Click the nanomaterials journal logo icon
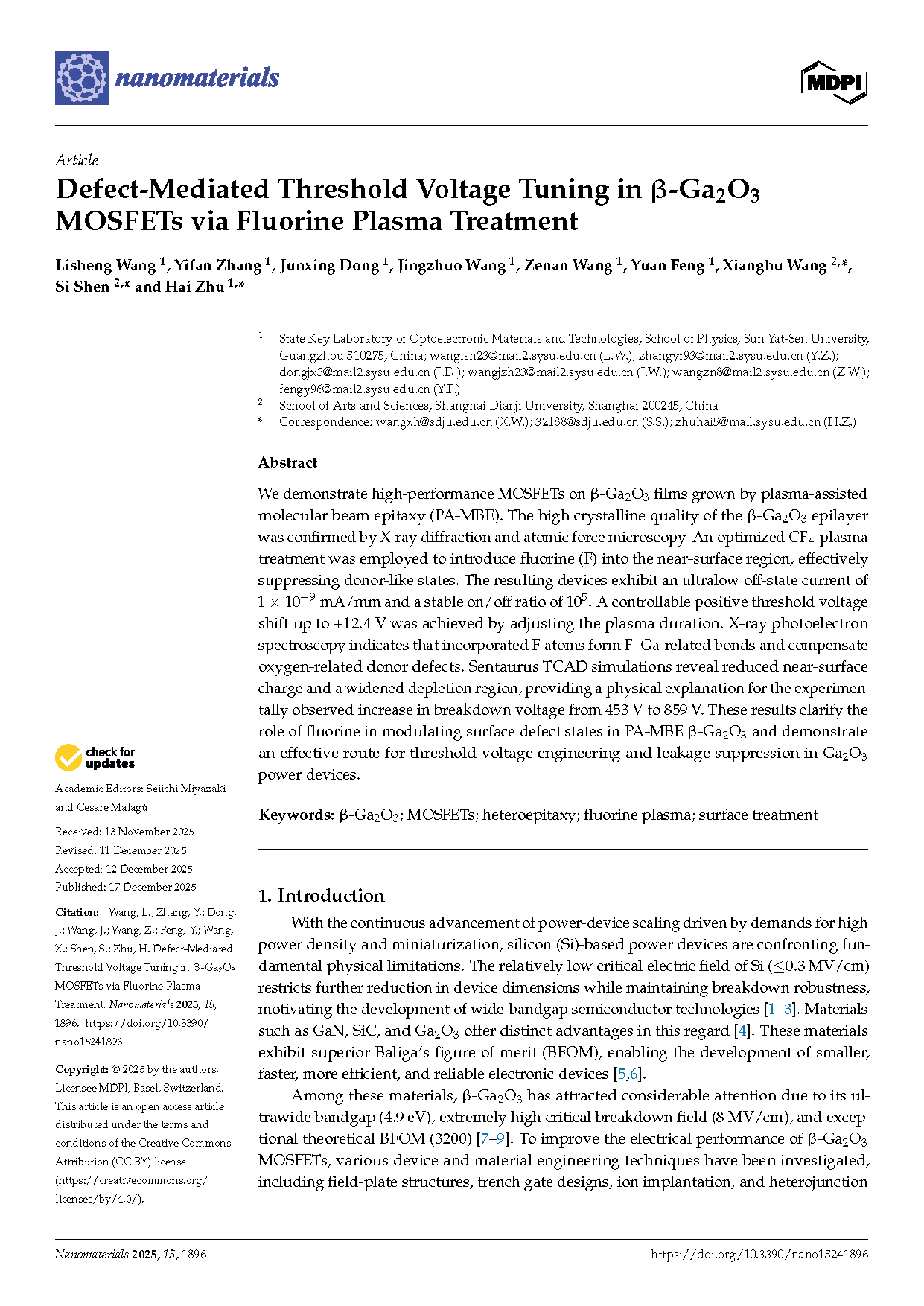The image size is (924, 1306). tap(82, 78)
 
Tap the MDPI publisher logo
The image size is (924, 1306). tap(834, 82)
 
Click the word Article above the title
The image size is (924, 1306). tap(77, 160)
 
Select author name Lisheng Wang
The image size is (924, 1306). tap(105, 266)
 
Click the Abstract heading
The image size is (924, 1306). tap(287, 462)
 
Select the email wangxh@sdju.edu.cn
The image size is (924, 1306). tap(433, 422)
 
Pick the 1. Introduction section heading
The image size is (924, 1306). tap(321, 895)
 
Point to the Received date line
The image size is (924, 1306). tap(124, 832)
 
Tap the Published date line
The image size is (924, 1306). tap(126, 887)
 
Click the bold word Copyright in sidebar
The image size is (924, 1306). tap(82, 1069)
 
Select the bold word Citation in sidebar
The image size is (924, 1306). tap(77, 912)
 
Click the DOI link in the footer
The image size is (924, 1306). tap(759, 1255)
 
